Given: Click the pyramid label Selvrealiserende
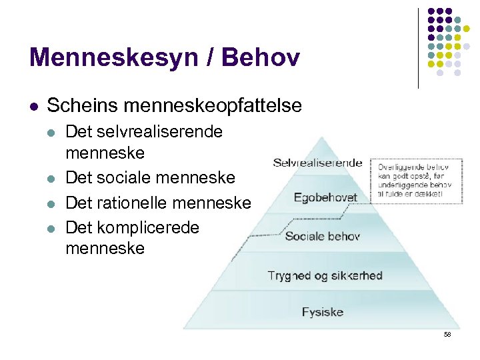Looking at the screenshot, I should tap(317, 163).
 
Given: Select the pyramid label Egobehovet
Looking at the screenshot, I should tap(325, 198).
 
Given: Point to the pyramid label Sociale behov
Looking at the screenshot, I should tap(323, 236).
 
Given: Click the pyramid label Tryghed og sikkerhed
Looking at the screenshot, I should tap(325, 275).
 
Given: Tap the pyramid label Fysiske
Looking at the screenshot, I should tap(323, 311).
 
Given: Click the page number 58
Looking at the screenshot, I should tap(447, 334).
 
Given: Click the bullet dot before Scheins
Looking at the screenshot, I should tap(33, 106).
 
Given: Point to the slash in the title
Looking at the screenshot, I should tap(211, 57).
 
